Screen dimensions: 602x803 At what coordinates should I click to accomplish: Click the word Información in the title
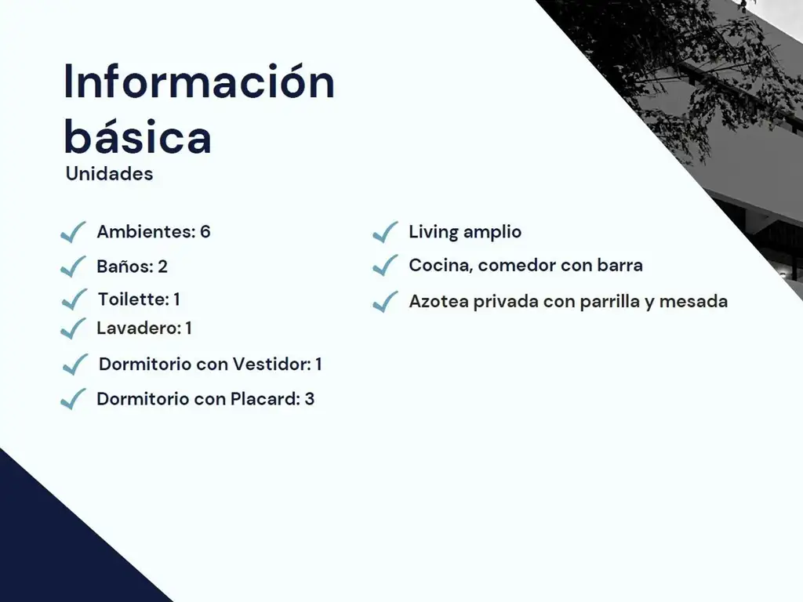click(199, 82)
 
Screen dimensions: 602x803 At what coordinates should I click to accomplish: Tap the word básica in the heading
click(137, 136)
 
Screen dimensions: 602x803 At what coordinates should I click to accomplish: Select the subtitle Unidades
click(109, 174)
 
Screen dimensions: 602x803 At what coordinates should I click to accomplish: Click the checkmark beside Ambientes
click(73, 233)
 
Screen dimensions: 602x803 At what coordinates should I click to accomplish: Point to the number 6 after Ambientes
click(205, 232)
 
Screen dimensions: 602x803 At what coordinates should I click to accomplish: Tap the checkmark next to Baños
click(73, 267)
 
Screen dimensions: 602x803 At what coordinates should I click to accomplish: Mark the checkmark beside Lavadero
click(73, 328)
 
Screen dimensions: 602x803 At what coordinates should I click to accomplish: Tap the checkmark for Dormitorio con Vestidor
click(75, 364)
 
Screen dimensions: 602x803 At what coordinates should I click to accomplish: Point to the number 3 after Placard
click(310, 399)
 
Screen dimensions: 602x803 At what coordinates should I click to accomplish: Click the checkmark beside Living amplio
click(385, 232)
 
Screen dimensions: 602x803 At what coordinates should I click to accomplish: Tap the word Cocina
click(439, 266)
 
